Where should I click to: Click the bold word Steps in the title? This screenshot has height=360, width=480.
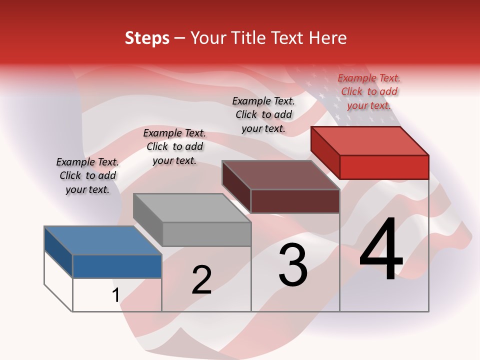tap(147, 38)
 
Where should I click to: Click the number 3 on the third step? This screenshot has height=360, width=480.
tap(293, 264)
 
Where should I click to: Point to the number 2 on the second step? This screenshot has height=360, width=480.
tap(201, 279)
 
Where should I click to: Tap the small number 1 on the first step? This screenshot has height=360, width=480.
tap(115, 295)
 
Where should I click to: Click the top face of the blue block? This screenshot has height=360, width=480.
tap(102, 240)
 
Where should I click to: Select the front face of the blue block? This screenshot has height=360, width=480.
tap(117, 266)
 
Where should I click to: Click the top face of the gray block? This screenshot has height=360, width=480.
tap(192, 207)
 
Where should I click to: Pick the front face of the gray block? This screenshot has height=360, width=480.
tap(206, 234)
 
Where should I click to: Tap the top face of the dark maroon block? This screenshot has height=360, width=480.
tap(280, 174)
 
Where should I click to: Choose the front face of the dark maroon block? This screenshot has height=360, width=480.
tap(295, 201)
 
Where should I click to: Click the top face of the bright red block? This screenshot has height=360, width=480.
tap(369, 140)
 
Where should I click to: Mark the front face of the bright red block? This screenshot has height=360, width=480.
tap(384, 167)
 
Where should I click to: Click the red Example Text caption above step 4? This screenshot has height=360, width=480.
tap(369, 91)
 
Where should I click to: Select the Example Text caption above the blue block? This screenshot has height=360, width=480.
tap(87, 175)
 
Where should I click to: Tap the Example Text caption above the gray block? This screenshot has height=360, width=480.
tap(174, 146)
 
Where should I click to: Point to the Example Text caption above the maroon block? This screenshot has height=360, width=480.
tap(263, 114)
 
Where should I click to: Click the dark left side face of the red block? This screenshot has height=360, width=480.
tap(325, 152)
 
